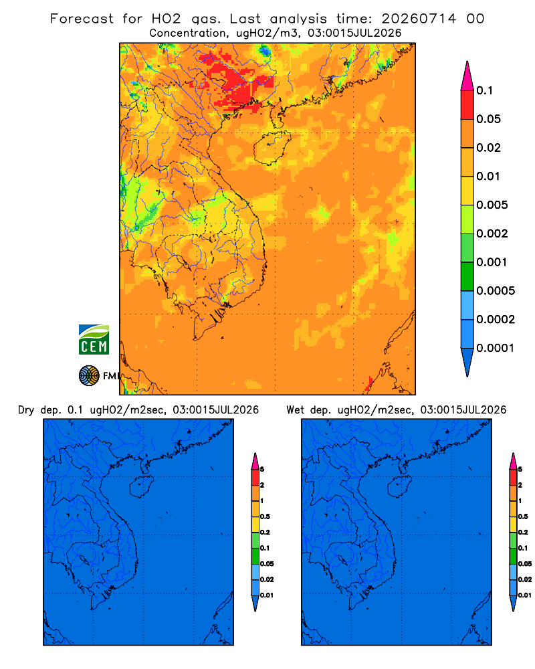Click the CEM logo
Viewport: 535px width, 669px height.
click(x=94, y=339)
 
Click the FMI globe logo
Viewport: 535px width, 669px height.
click(x=89, y=375)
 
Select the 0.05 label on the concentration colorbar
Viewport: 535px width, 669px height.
click(x=488, y=119)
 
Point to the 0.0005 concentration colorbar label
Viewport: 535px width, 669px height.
click(x=496, y=290)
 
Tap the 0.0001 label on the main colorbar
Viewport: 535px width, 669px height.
click(x=496, y=348)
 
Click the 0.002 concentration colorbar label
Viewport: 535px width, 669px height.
click(x=492, y=233)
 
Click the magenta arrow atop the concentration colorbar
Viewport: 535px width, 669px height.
click(x=467, y=76)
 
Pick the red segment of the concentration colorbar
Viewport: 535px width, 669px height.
click(x=467, y=105)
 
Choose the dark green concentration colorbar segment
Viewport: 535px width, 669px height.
click(x=467, y=276)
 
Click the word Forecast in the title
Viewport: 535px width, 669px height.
click(x=82, y=19)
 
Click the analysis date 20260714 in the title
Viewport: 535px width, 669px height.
click(x=419, y=19)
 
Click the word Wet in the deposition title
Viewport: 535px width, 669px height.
click(x=295, y=410)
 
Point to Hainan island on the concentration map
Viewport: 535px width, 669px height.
click(x=272, y=148)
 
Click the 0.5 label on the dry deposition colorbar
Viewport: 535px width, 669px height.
click(x=265, y=516)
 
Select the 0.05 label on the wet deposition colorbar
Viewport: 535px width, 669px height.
click(x=525, y=563)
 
